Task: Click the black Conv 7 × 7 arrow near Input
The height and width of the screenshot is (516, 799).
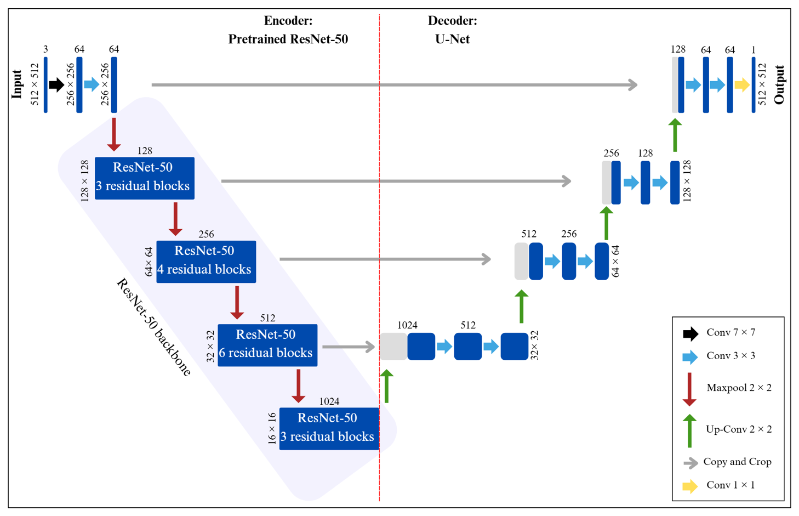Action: pos(56,85)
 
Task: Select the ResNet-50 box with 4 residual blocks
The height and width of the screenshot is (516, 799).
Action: pos(206,262)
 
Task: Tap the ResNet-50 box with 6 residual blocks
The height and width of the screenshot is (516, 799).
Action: pos(267,345)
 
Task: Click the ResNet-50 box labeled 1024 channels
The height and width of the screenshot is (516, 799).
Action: pos(328,428)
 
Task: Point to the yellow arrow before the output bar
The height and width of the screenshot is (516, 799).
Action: pos(741,85)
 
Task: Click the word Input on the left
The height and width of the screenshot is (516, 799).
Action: pos(17,84)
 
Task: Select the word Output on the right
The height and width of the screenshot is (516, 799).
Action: pos(779,84)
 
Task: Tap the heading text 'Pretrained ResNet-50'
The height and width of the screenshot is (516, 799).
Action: pos(288,39)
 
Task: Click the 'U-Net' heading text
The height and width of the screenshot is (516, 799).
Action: pos(452,39)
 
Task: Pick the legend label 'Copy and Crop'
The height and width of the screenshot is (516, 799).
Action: pos(737,462)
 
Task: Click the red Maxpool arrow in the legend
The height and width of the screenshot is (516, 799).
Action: pos(689,389)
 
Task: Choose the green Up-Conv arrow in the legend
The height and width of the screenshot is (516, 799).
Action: pos(689,430)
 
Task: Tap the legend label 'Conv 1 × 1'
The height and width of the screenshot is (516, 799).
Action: pos(730,485)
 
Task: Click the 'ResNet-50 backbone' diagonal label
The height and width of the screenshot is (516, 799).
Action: pos(154,327)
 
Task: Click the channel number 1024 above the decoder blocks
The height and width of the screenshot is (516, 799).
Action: pos(407,325)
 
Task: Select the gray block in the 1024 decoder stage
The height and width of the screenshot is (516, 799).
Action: pos(393,347)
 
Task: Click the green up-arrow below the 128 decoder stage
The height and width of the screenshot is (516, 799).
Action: pos(675,135)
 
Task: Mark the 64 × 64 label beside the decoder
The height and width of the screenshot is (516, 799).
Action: pos(615,261)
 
